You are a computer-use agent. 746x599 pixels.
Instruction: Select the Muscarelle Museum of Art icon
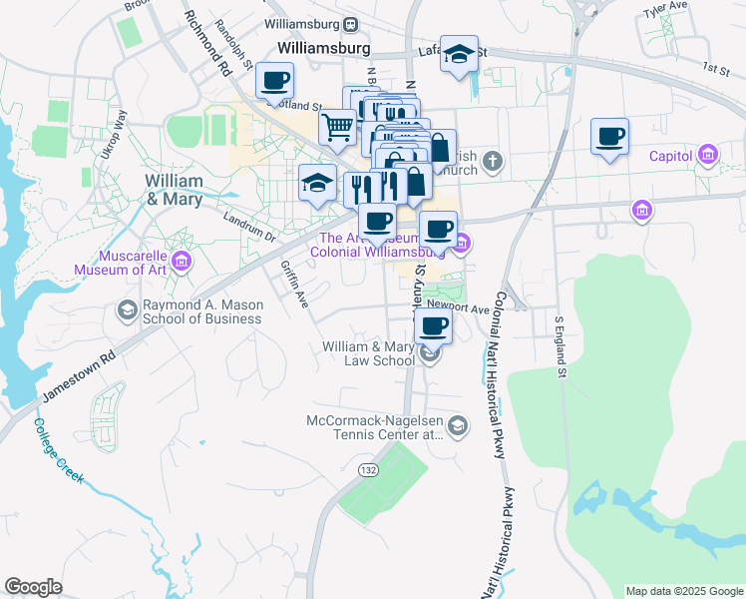pyautogui.click(x=182, y=263)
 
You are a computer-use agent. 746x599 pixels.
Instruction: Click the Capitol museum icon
pyautogui.click(x=709, y=155)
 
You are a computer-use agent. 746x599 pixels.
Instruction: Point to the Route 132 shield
pyautogui.click(x=368, y=469)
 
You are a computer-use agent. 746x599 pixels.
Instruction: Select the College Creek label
pyautogui.click(x=59, y=450)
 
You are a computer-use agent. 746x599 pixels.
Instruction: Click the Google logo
pyautogui.click(x=33, y=587)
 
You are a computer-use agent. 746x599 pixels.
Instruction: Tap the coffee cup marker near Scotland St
pyautogui.click(x=274, y=80)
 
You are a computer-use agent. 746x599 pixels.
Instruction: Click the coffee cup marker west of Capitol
pyautogui.click(x=609, y=137)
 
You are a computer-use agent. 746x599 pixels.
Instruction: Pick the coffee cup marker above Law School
pyautogui.click(x=433, y=325)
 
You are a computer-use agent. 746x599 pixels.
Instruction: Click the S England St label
pyautogui.click(x=560, y=347)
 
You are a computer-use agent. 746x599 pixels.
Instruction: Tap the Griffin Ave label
pyautogui.click(x=294, y=284)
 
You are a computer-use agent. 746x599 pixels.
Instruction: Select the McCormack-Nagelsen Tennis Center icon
pyautogui.click(x=457, y=426)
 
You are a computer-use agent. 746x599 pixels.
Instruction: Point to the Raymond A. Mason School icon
pyautogui.click(x=127, y=311)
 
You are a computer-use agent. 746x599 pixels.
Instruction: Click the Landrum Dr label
pyautogui.click(x=249, y=229)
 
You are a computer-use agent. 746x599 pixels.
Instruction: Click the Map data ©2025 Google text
pyautogui.click(x=683, y=591)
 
